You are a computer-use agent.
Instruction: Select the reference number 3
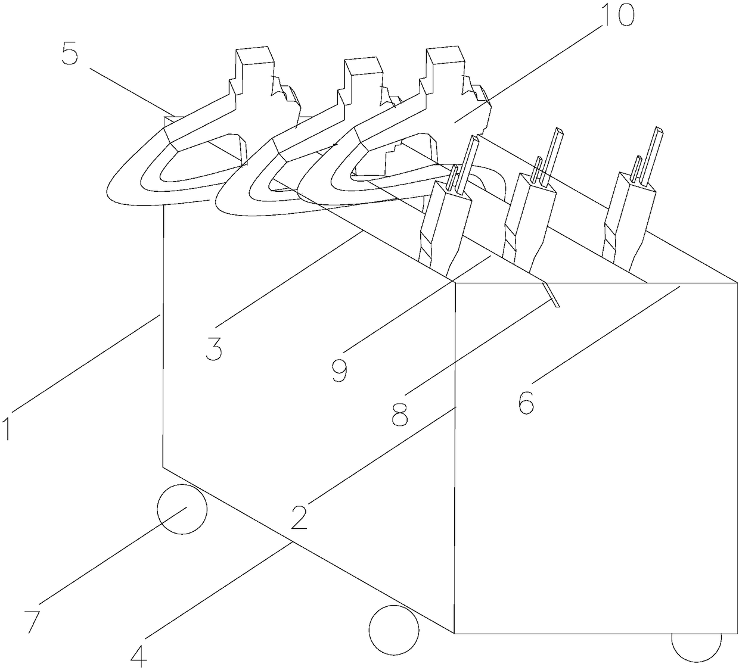click(213, 348)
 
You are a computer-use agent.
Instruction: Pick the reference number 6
click(526, 403)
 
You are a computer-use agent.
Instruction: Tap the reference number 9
click(340, 370)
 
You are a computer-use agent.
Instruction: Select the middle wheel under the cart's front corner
click(394, 630)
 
